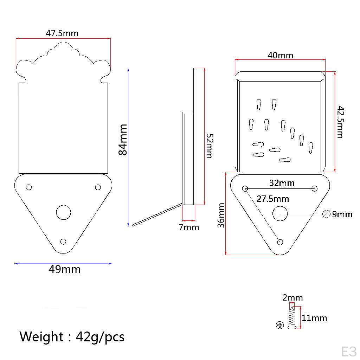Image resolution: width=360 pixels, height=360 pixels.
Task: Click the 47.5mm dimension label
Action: tap(62, 33)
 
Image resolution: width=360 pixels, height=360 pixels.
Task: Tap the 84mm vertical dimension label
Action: tap(123, 140)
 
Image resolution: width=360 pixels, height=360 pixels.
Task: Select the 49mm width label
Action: tap(65, 270)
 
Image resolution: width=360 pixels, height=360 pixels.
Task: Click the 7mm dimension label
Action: tap(189, 227)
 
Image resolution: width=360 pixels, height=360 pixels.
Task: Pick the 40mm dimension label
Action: tap(280, 55)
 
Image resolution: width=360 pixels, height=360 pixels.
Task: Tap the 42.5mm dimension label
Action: tap(340, 122)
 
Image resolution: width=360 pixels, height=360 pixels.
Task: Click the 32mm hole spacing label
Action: tap(282, 183)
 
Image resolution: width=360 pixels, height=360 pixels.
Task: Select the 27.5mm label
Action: tap(272, 199)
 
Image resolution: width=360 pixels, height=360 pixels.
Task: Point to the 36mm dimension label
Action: tap(221, 216)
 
